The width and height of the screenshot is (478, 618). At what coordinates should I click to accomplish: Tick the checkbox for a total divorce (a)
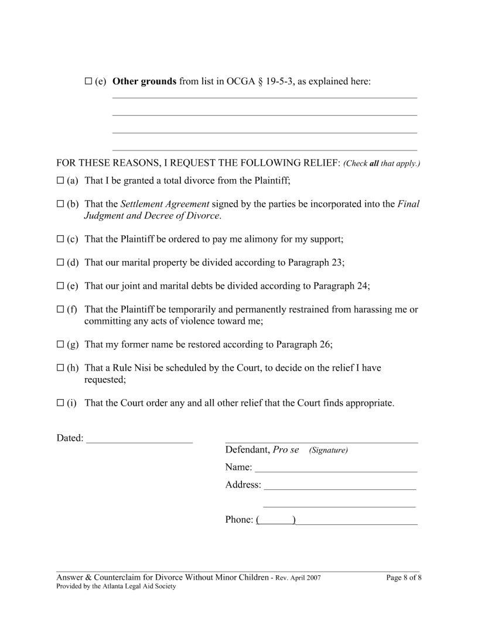pyautogui.click(x=60, y=181)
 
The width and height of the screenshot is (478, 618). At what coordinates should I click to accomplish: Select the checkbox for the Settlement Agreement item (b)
pyautogui.click(x=60, y=204)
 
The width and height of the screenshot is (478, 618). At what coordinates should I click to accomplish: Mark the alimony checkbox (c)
pyautogui.click(x=60, y=239)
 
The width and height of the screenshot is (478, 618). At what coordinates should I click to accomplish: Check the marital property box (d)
pyautogui.click(x=60, y=263)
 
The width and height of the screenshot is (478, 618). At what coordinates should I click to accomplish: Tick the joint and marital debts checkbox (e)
pyautogui.click(x=60, y=286)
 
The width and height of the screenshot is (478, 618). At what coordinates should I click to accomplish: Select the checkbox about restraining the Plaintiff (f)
pyautogui.click(x=60, y=310)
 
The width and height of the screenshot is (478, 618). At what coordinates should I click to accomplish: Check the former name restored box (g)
pyautogui.click(x=60, y=345)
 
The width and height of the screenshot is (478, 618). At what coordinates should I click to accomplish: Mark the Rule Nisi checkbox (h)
pyautogui.click(x=60, y=368)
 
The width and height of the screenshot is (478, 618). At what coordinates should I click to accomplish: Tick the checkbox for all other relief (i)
pyautogui.click(x=60, y=403)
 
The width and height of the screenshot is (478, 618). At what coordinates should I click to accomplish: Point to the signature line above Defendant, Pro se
pyautogui.click(x=321, y=440)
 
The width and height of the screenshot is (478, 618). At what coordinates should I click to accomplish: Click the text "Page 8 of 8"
pyautogui.click(x=404, y=578)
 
